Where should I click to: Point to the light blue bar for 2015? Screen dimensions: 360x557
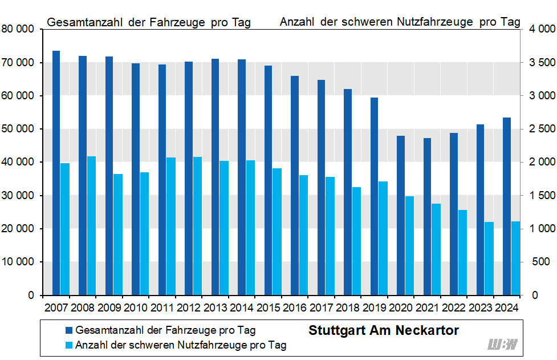coord(277,232)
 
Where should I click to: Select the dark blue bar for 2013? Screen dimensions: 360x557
coord(215,177)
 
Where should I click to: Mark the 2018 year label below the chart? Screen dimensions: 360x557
coord(348,308)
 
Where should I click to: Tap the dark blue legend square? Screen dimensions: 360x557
coord(68,330)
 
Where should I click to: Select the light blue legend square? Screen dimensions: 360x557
coord(68,345)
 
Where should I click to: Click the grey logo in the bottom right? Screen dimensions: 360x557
coord(502,344)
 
